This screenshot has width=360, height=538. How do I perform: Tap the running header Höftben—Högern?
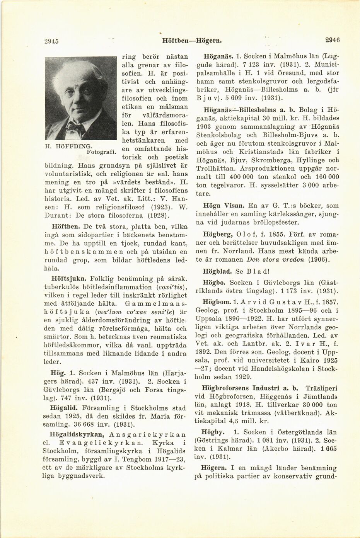(191, 40)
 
